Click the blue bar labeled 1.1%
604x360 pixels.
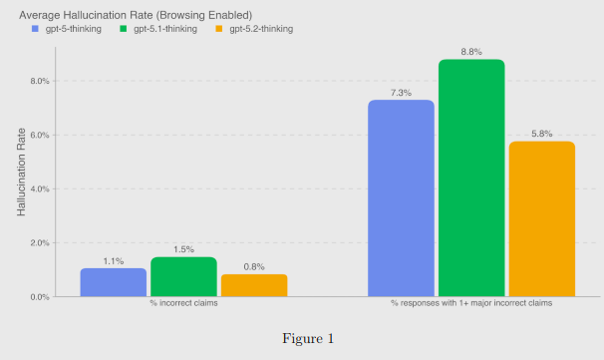click(114, 282)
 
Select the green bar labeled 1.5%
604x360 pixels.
click(183, 277)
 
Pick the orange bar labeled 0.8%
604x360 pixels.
click(254, 285)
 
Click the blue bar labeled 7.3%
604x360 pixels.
click(401, 198)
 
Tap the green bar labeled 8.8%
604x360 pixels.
click(471, 179)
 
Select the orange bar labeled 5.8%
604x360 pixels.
click(541, 219)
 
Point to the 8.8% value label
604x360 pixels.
click(471, 52)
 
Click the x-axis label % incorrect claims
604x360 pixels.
click(183, 303)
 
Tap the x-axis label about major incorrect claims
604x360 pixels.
click(470, 303)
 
